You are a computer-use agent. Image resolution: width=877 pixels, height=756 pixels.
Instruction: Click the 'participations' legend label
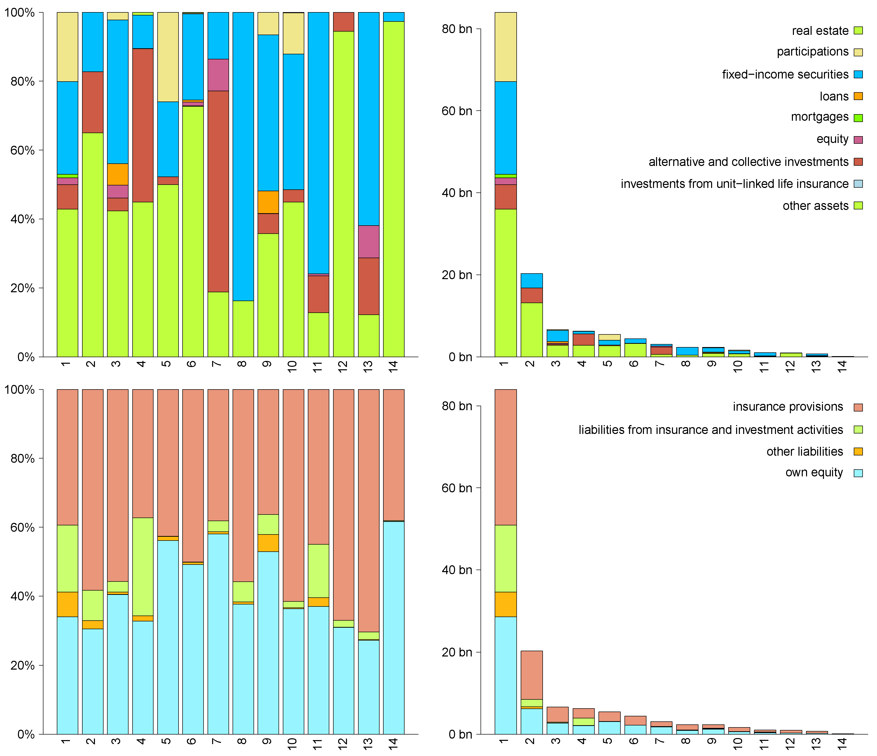click(x=812, y=52)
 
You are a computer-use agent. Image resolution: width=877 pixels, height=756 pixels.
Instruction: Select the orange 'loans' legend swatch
click(x=858, y=96)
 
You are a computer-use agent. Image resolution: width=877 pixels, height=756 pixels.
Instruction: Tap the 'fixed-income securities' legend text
click(x=785, y=75)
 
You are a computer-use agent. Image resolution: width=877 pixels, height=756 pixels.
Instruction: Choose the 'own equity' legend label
click(x=814, y=472)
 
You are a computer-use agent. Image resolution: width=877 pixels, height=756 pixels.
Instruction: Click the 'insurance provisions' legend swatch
click(x=858, y=407)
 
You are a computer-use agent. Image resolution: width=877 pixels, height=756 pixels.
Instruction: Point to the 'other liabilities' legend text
click(x=805, y=451)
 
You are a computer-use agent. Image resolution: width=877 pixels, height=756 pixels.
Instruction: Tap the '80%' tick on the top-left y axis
click(x=22, y=81)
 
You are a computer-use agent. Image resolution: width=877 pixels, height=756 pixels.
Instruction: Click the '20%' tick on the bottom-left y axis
click(x=22, y=665)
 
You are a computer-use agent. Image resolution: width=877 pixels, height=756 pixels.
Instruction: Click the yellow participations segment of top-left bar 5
click(x=168, y=57)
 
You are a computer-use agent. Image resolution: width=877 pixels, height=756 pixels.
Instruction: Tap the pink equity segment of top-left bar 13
click(x=369, y=241)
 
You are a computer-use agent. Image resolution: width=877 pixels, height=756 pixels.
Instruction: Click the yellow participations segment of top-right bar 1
click(x=506, y=46)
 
